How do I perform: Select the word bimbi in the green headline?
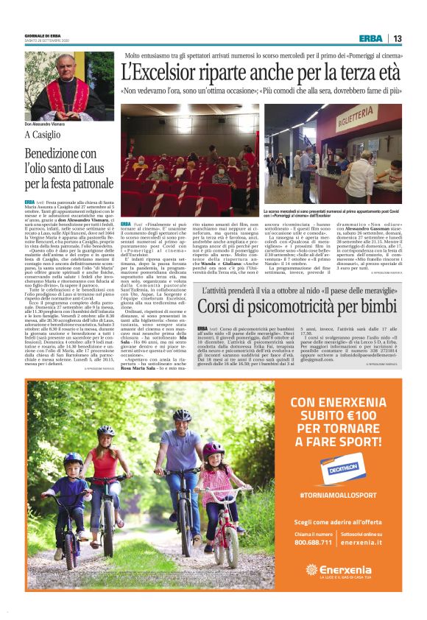(x=375, y=304)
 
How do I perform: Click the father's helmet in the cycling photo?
(x=181, y=415)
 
